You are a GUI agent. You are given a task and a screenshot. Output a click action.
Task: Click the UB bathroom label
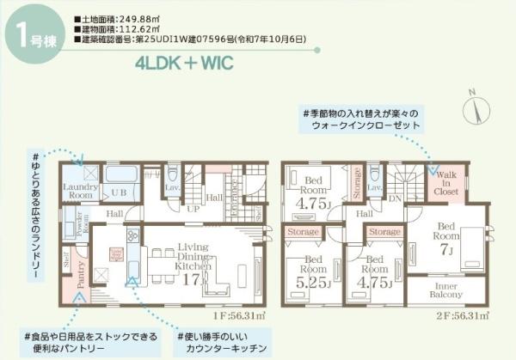click(x=120, y=192)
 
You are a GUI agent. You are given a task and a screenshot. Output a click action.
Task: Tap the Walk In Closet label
click(x=446, y=185)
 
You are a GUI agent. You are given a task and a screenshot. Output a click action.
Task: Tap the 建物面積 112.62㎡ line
click(x=125, y=29)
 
